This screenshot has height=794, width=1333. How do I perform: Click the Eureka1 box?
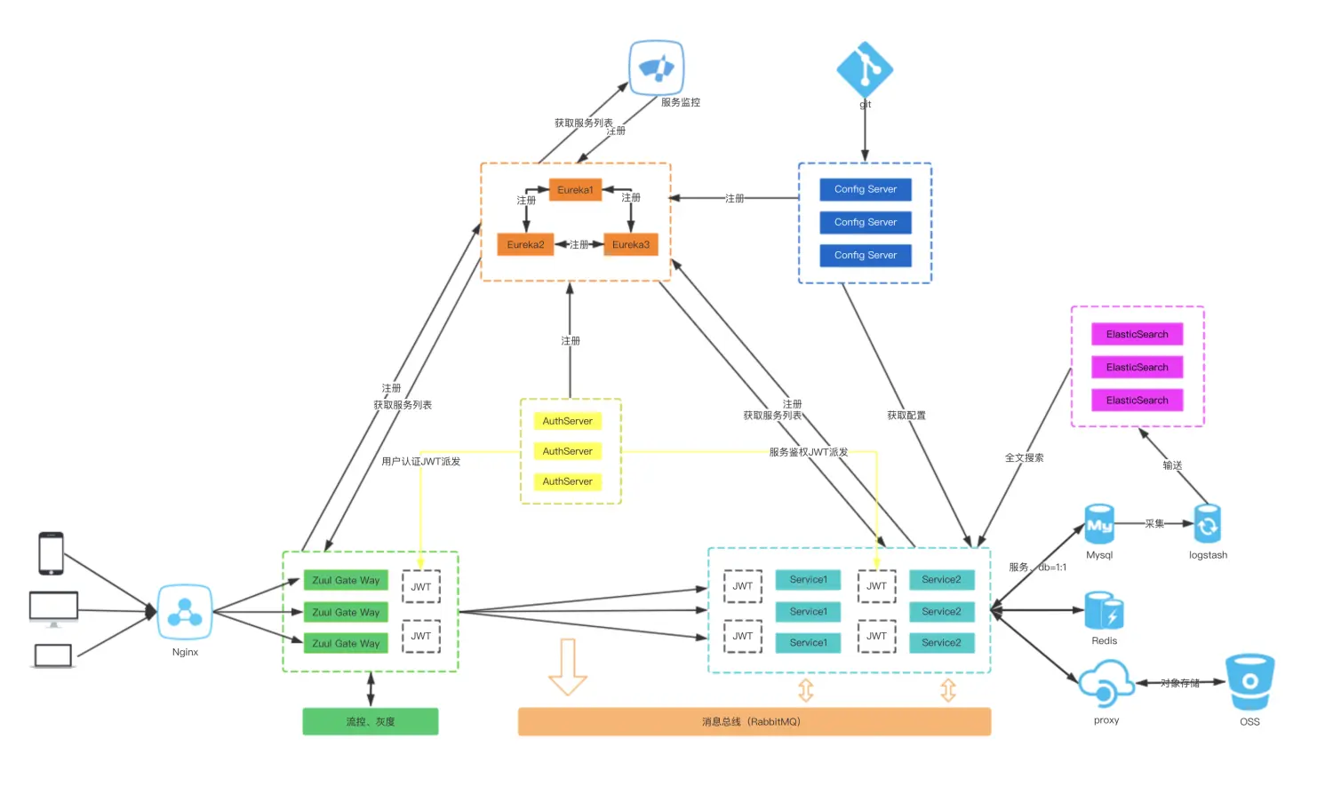[575, 190]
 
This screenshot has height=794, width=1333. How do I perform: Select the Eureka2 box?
[525, 244]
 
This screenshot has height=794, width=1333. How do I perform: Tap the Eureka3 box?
[630, 244]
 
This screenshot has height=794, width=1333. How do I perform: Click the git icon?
[865, 68]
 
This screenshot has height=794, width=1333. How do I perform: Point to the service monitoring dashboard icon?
[657, 67]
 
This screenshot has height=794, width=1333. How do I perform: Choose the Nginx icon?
[185, 612]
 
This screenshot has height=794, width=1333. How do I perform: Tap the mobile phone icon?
[51, 553]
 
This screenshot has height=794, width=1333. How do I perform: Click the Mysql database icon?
[1099, 525]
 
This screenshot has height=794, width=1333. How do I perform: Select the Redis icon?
[1104, 611]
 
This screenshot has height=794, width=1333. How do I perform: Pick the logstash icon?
[1207, 525]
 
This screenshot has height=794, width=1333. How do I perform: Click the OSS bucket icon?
[1249, 682]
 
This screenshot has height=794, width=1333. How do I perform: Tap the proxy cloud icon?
[1106, 683]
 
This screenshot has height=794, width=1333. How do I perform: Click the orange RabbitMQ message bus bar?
[754, 722]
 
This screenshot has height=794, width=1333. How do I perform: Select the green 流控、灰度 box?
[370, 722]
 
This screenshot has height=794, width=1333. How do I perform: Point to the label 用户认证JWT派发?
[420, 462]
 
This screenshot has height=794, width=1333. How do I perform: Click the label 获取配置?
[906, 416]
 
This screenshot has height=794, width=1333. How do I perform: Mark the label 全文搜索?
[1024, 458]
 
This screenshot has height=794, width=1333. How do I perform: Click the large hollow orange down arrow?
[567, 666]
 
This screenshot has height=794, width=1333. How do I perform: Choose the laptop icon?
[52, 656]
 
